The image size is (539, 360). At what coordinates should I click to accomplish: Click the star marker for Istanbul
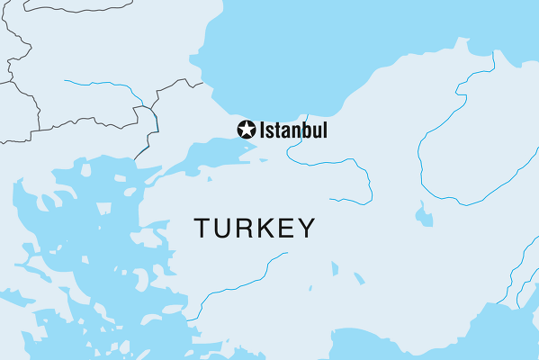pos(246,130)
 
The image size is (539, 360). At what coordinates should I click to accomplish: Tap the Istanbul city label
pos(293,130)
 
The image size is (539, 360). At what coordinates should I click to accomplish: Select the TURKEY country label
pos(255,229)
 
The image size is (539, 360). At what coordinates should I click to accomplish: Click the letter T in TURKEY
pos(203,229)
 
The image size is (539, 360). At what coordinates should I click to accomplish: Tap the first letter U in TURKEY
pos(223,229)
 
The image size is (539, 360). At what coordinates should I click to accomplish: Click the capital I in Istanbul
pos(263,130)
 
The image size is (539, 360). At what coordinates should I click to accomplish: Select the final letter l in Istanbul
pos(324,130)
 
